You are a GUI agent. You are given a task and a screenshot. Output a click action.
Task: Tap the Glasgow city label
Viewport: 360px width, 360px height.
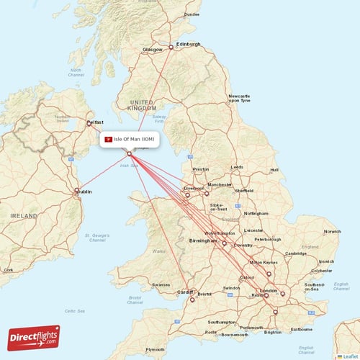[153, 50]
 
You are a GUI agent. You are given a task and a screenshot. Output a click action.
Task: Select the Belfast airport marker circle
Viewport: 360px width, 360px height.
[89, 124]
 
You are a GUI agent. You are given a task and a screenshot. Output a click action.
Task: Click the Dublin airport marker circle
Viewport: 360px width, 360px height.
[76, 191]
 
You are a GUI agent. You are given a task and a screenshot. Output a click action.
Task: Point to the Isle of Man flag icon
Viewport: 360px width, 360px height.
[108, 139]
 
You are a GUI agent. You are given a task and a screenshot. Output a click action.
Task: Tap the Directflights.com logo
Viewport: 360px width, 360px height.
[34, 337]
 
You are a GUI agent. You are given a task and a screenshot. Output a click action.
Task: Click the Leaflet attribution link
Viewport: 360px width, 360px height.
[349, 356]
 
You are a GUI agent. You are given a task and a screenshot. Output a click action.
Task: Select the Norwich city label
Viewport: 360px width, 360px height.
[332, 231]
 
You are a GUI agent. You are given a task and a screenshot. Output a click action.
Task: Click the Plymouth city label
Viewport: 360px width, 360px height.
[155, 349]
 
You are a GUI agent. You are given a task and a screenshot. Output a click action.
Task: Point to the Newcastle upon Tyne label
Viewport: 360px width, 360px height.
[239, 99]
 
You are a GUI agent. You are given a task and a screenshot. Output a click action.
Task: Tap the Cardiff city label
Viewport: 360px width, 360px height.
[186, 292]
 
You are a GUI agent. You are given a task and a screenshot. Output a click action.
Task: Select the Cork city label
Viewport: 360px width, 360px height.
[8, 270]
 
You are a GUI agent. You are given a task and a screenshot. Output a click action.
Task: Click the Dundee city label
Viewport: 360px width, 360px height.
[191, 14]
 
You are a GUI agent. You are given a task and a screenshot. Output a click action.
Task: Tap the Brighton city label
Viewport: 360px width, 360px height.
[273, 332]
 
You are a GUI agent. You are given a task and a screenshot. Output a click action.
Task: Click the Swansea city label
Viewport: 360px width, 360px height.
[161, 285]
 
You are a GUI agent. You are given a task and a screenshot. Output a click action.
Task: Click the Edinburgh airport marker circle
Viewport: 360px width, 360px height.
[171, 48]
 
